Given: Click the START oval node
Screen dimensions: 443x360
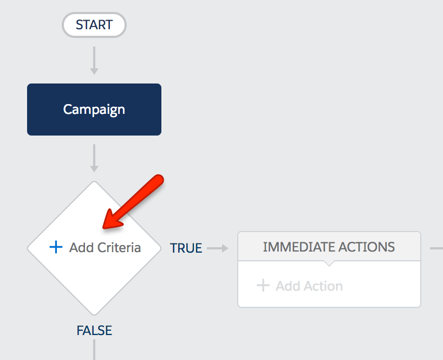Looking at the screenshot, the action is click(x=94, y=25).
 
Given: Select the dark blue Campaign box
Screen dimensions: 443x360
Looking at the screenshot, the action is click(x=94, y=110).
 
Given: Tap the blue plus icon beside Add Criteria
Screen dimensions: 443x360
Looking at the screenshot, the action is click(x=56, y=247).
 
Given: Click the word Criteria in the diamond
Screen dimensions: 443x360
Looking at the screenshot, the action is click(x=119, y=247).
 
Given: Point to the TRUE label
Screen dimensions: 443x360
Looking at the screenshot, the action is click(x=186, y=248).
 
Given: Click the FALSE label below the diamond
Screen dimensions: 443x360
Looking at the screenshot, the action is click(x=94, y=330).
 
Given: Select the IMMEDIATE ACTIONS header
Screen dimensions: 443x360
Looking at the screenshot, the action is click(x=329, y=246).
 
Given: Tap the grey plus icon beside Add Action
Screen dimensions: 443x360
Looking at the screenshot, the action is click(x=263, y=285).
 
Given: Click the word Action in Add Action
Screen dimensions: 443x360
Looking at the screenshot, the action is click(x=323, y=286).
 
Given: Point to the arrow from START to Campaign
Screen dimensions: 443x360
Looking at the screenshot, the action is click(x=94, y=61).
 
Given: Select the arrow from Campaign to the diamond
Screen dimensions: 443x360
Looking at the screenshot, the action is click(x=94, y=158).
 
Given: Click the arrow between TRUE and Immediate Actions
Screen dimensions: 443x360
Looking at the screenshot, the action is click(x=218, y=248).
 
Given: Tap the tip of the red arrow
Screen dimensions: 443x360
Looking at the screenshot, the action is click(x=103, y=228).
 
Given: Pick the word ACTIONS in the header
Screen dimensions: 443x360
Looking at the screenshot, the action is click(x=367, y=247).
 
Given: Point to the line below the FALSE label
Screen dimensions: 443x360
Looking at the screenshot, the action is click(x=94, y=350).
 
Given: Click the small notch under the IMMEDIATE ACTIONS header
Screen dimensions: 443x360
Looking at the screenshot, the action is click(x=329, y=263).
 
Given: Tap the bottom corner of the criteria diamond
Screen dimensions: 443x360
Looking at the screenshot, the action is click(x=94, y=315).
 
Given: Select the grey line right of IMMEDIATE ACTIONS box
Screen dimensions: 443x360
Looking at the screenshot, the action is click(x=437, y=248).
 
